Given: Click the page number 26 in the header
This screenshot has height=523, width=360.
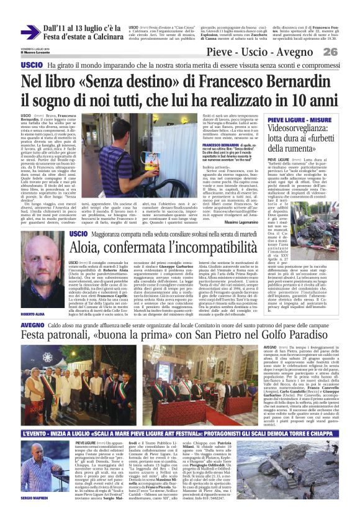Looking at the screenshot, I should pos(346,52).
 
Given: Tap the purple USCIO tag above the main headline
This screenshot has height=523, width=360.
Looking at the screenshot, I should pos(32,65).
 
